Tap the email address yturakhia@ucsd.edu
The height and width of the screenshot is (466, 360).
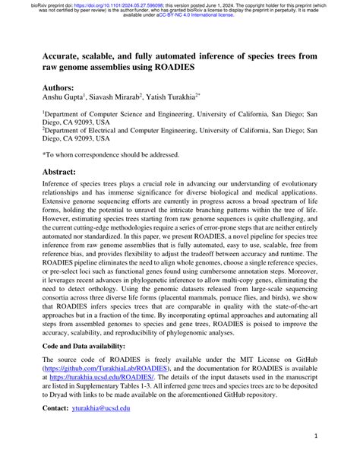(x=100, y=408)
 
